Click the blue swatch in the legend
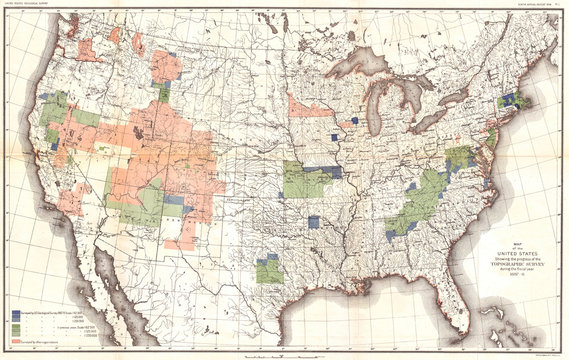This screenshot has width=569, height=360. click(x=17, y=312)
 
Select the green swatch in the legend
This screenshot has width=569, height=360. click(x=17, y=328)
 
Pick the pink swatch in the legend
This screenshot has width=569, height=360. click(x=17, y=341)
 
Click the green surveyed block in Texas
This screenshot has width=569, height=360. click(x=268, y=270)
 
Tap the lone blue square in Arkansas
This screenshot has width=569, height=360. click(x=315, y=222)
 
